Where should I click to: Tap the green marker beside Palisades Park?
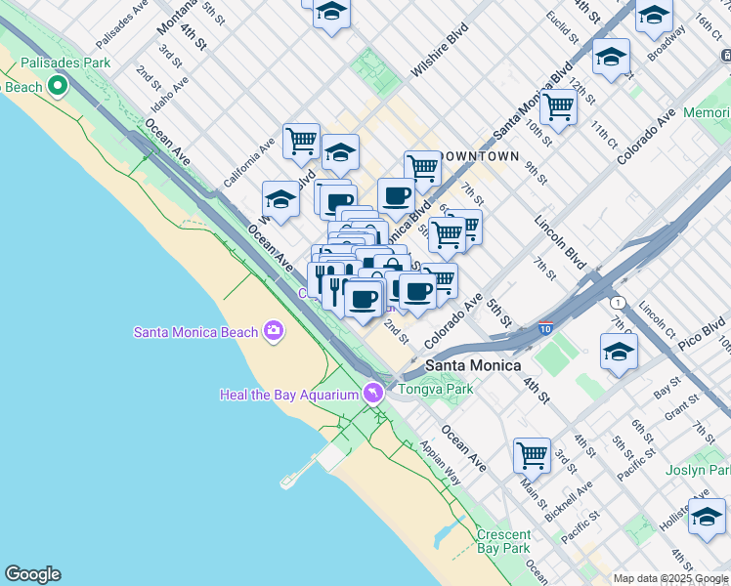[58, 87]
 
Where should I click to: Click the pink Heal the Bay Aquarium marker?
[372, 394]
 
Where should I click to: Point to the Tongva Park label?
[436, 389]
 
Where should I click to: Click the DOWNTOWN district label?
[479, 156]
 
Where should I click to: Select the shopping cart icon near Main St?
[532, 454]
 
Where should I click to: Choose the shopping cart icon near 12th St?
[559, 105]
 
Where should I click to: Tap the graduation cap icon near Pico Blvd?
[619, 352]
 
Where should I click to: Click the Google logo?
[32, 574]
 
